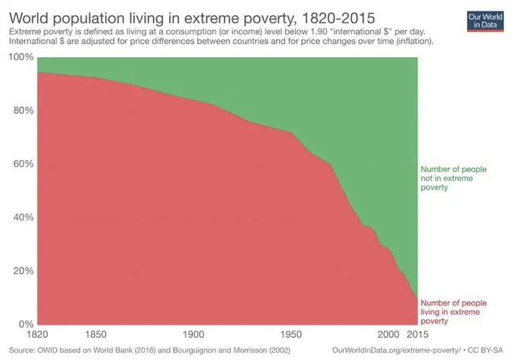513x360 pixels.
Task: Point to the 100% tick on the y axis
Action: coord(20,57)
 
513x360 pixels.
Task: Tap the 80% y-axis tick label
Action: coord(23,111)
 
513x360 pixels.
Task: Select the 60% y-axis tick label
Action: coord(23,164)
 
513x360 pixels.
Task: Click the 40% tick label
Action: coord(23,217)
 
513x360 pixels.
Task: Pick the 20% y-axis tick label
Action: coord(23,271)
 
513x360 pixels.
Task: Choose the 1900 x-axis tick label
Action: coord(193,334)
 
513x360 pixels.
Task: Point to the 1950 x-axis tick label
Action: coord(290,334)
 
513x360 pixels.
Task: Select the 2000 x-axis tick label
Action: coord(389,334)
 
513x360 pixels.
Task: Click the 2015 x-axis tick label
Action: coord(416,334)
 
